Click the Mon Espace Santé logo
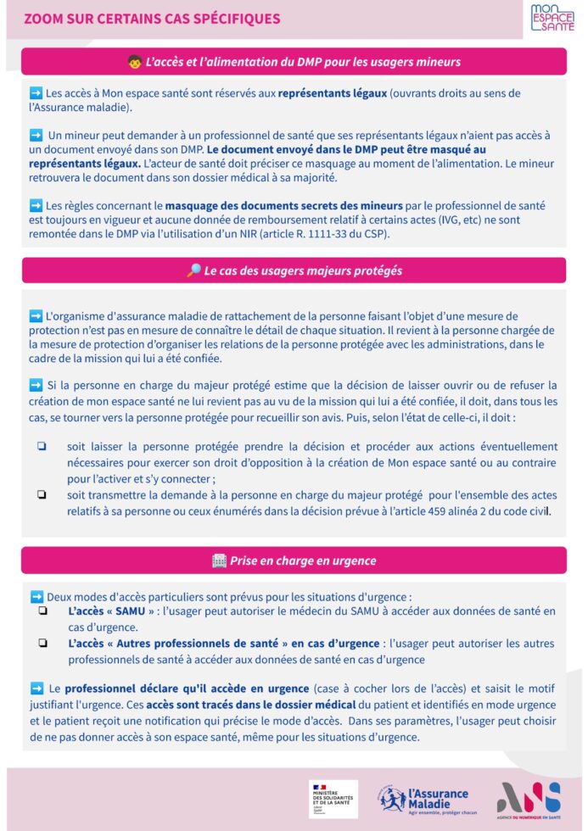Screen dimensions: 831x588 click(x=552, y=18)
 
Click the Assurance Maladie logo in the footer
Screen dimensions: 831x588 click(x=423, y=799)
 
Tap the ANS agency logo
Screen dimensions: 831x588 click(x=529, y=800)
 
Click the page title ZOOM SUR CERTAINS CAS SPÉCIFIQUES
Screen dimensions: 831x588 click(x=152, y=19)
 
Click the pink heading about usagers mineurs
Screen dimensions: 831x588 click(x=294, y=62)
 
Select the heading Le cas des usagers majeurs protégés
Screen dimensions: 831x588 click(x=302, y=270)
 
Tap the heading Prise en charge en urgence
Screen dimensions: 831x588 click(x=302, y=561)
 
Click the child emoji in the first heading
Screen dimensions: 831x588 click(x=134, y=62)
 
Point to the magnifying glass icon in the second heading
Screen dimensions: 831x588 click(x=193, y=270)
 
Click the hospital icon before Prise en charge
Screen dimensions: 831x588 click(x=219, y=561)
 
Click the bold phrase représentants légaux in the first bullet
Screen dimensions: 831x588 click(x=333, y=93)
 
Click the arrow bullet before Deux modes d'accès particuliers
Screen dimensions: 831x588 click(x=36, y=596)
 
